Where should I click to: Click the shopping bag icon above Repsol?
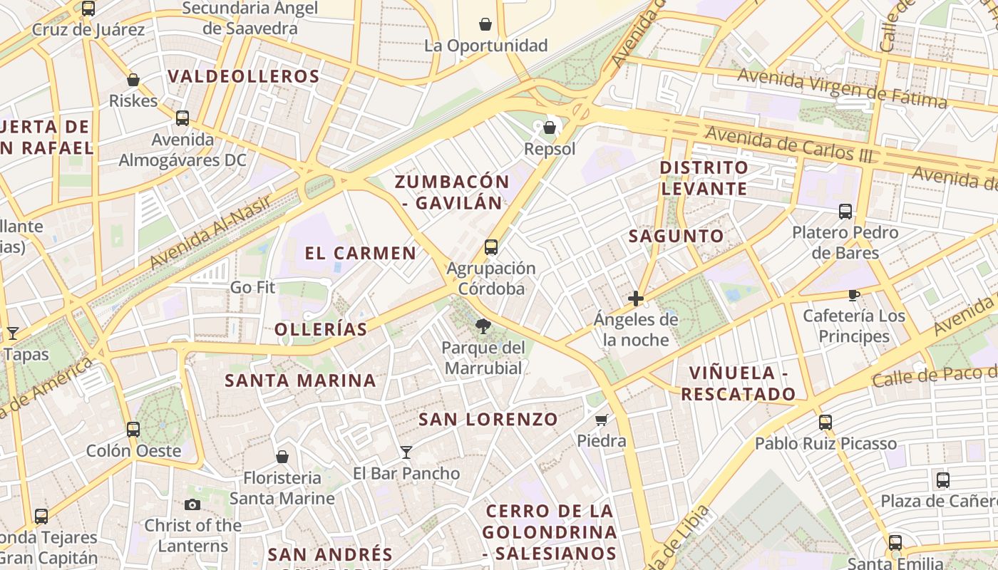549,128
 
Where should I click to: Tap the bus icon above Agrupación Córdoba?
490,247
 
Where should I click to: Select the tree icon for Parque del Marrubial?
483,326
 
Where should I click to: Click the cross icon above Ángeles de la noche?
636,299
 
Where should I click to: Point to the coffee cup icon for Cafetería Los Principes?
853,295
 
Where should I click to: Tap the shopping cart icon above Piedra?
601,420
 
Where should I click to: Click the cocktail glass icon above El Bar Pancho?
406,452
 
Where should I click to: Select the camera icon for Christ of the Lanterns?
192,504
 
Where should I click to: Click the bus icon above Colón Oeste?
133,429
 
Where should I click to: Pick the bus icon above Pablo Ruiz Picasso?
825,422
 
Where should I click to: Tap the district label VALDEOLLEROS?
243,76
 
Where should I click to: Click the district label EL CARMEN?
361,253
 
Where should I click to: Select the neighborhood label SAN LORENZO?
488,419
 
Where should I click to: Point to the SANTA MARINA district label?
300,380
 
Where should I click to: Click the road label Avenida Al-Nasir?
211,233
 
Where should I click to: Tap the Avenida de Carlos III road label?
788,143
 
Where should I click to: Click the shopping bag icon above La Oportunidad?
485,25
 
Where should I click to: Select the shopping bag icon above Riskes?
133,80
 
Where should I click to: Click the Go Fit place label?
252,288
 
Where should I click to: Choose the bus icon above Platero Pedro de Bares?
845,211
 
